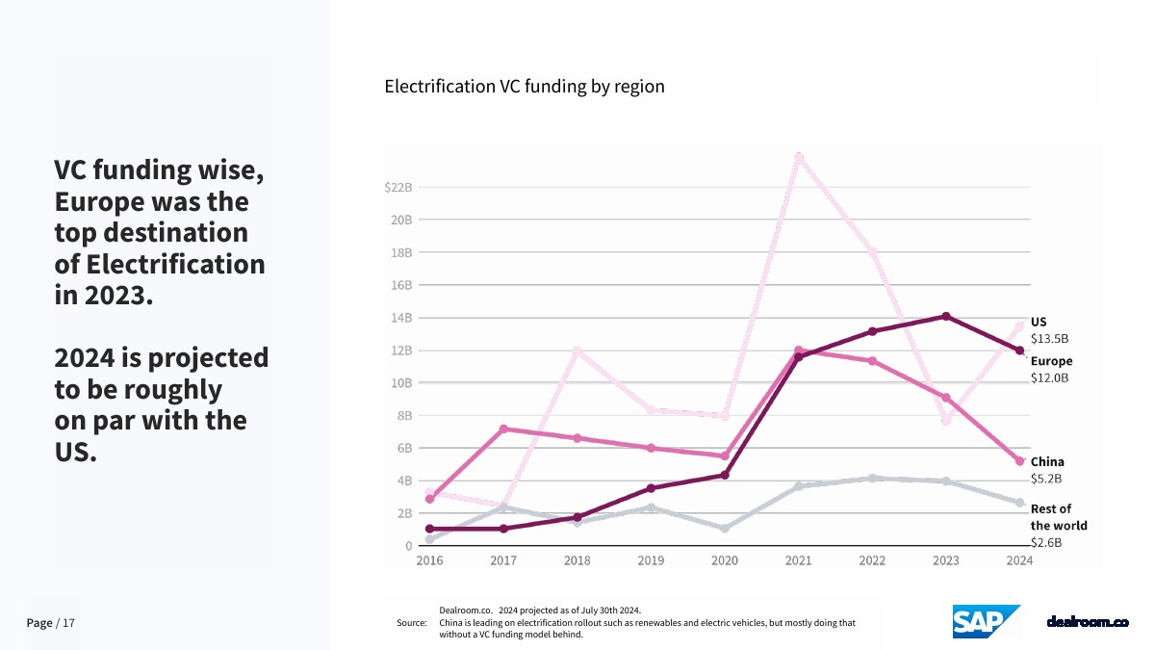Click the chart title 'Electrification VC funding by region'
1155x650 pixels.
click(525, 86)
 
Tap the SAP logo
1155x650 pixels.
click(986, 621)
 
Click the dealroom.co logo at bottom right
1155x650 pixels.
click(1087, 622)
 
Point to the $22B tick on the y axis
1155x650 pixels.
click(398, 187)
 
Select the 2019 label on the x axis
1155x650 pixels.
click(651, 560)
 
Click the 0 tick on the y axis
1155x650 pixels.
click(407, 545)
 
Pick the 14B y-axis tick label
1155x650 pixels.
click(399, 318)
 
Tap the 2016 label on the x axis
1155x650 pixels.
click(429, 560)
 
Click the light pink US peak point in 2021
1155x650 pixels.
click(799, 157)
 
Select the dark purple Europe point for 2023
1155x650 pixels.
click(946, 316)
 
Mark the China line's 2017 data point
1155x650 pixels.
click(503, 429)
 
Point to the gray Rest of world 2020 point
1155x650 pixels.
click(725, 528)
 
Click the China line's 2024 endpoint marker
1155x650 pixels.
click(1020, 461)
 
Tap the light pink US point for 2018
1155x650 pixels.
click(577, 351)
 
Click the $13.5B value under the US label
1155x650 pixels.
click(1049, 339)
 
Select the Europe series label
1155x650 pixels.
click(1051, 361)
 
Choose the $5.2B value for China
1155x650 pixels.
click(1047, 479)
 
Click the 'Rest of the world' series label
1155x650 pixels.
click(1058, 517)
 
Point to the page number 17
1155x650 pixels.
click(68, 623)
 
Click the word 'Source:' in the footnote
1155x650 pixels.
click(411, 623)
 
